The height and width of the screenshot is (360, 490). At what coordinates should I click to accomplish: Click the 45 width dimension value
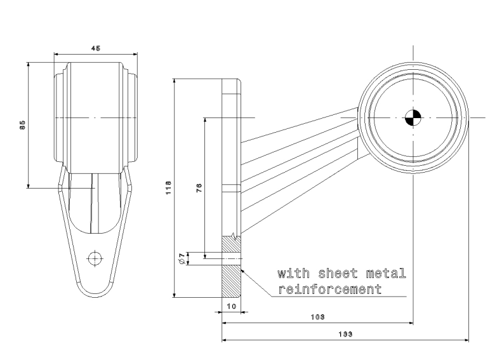pos(95,49)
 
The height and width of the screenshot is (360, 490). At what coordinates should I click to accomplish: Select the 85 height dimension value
pos(22,125)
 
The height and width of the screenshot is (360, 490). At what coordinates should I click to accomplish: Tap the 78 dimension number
pos(199,188)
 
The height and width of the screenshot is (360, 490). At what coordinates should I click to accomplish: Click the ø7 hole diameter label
pos(182,257)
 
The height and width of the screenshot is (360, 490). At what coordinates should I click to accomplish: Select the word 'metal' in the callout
pos(384,274)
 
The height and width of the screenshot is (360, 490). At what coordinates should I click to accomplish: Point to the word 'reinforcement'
pos(329,290)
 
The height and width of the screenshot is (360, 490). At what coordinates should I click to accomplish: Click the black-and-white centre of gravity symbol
pos(413,117)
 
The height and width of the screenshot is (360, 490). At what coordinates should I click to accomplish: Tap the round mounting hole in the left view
pos(95,258)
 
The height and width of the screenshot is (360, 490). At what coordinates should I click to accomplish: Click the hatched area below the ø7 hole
pos(231,281)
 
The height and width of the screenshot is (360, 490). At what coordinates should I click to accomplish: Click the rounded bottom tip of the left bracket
pos(95,294)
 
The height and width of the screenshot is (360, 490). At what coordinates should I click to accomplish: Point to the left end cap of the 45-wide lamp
pos(58,117)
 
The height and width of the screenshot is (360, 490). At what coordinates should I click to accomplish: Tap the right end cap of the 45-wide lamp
pos(131,117)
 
